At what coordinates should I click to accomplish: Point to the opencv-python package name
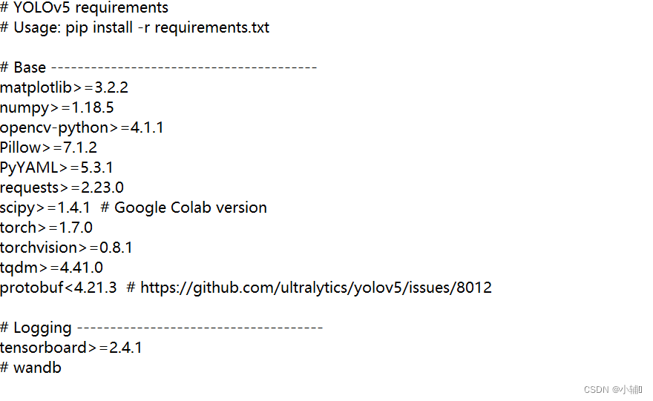tap(54, 127)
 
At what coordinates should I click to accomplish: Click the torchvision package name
tap(39, 248)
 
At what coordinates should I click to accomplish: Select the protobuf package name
tap(31, 288)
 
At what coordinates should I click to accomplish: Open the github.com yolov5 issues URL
tap(315, 288)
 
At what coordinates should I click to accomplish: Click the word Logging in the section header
tap(43, 328)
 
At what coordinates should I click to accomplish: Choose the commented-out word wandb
tap(37, 368)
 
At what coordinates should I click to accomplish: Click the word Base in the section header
tap(30, 67)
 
